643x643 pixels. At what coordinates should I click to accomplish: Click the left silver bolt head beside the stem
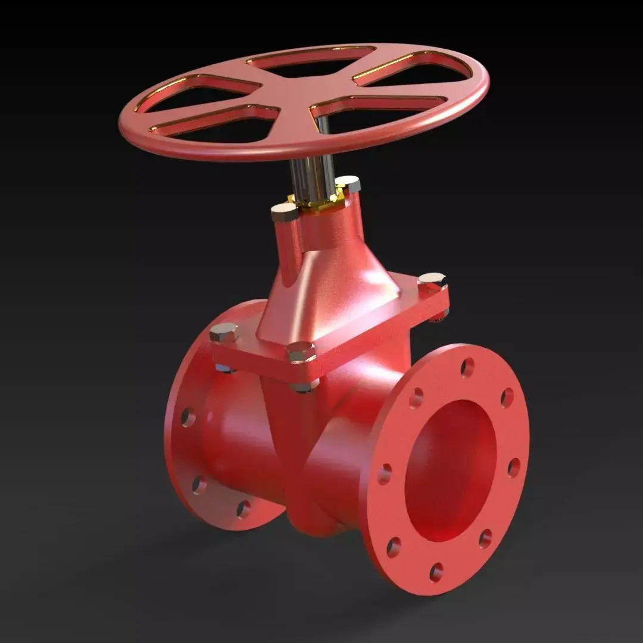tap(283, 211)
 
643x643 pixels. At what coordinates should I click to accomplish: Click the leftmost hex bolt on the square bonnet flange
tap(223, 333)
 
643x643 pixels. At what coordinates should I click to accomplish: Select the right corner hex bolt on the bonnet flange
tap(432, 280)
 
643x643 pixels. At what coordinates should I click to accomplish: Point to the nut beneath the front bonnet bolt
tap(304, 386)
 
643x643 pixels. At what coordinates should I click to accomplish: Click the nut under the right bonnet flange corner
tap(439, 315)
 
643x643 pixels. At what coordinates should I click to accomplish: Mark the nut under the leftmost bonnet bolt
tap(224, 369)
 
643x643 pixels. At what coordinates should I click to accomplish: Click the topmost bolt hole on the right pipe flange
tap(467, 367)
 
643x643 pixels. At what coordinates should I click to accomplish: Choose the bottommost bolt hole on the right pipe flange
tap(436, 572)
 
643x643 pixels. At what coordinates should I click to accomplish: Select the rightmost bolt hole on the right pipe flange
tap(513, 467)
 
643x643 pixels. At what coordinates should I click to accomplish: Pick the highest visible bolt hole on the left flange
tap(188, 417)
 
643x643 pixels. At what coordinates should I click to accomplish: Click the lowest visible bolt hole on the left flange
tap(244, 508)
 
